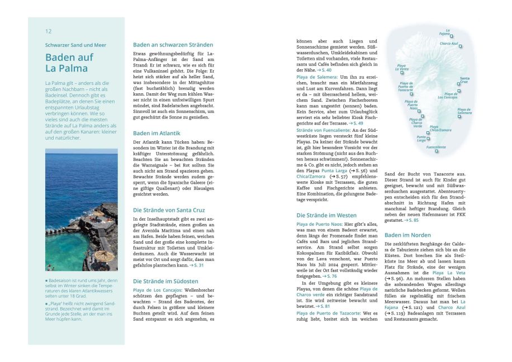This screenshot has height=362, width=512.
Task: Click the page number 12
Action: click(49, 31)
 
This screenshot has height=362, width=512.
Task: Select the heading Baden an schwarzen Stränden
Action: click(173, 45)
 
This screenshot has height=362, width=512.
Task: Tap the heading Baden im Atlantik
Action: click(157, 134)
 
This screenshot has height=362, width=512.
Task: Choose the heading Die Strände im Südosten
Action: click(165, 281)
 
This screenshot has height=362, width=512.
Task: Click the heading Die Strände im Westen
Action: click(326, 215)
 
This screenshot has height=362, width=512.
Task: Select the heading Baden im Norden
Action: click(407, 235)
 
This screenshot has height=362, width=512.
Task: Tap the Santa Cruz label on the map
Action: click(464, 80)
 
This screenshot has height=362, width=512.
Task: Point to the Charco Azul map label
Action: click(449, 44)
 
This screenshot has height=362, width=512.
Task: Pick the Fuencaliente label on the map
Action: click(436, 147)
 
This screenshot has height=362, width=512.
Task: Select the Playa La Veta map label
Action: click(402, 67)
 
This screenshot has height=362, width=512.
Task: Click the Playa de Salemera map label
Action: click(464, 112)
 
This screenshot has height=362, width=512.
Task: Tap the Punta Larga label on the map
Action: click(421, 138)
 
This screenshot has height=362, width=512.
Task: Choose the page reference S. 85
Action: click(413, 220)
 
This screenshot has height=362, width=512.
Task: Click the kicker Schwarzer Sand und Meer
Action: click(75, 45)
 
